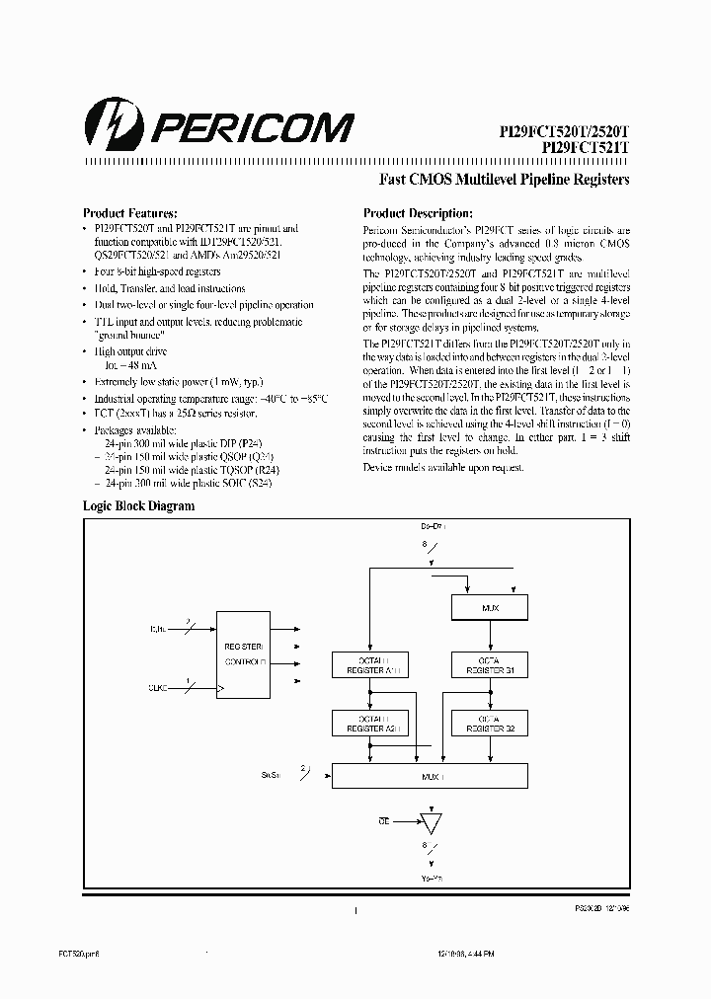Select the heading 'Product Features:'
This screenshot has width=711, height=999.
tap(129, 212)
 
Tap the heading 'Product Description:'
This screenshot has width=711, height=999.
tap(418, 212)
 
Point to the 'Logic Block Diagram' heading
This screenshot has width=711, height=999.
tap(138, 505)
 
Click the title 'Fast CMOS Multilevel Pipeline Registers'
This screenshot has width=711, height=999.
tap(505, 180)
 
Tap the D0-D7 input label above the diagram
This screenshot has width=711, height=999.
tap(434, 529)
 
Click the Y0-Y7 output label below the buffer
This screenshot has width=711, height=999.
tap(431, 877)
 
